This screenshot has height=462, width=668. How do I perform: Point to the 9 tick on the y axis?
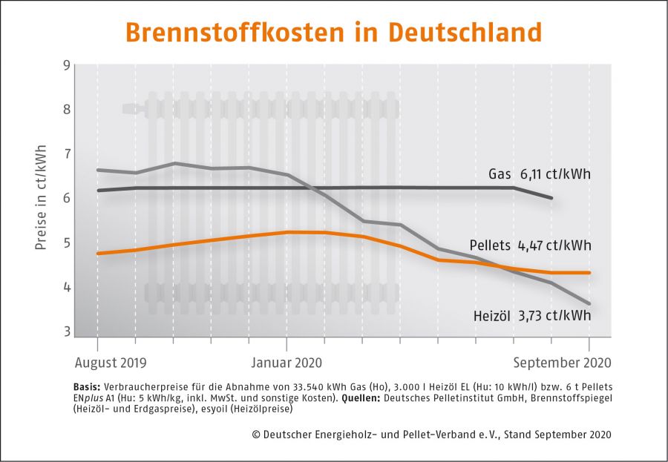(x=67, y=65)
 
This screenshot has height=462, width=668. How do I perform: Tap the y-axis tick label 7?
(x=67, y=154)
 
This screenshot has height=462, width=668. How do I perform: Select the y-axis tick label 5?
(x=67, y=243)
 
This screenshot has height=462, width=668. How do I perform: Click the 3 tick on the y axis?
(x=67, y=331)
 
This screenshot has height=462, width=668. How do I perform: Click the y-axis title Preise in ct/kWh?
(x=41, y=198)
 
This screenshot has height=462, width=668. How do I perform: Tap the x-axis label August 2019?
(x=111, y=363)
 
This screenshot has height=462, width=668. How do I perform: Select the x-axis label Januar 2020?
(x=286, y=363)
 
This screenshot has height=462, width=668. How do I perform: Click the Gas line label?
(x=499, y=174)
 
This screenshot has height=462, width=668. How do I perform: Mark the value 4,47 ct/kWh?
(x=555, y=245)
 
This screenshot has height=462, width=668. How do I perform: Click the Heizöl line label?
(x=491, y=315)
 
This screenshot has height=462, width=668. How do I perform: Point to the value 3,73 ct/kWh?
(x=555, y=315)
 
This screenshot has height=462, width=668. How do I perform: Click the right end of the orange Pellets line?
(x=589, y=273)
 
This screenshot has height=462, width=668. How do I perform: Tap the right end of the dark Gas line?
(x=551, y=198)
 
